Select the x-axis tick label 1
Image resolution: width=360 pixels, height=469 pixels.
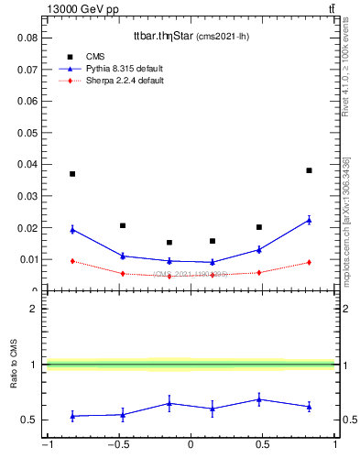pyautogui.click(x=335, y=445)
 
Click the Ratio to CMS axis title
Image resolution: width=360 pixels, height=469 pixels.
pyautogui.click(x=15, y=365)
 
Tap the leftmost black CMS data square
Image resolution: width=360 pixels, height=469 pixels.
pyautogui.click(x=72, y=174)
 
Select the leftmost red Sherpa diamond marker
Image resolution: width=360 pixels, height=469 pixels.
pyautogui.click(x=72, y=261)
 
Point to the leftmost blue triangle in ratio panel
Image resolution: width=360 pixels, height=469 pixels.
pyautogui.click(x=72, y=416)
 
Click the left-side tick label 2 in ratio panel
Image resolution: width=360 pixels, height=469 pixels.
pyautogui.click(x=34, y=309)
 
